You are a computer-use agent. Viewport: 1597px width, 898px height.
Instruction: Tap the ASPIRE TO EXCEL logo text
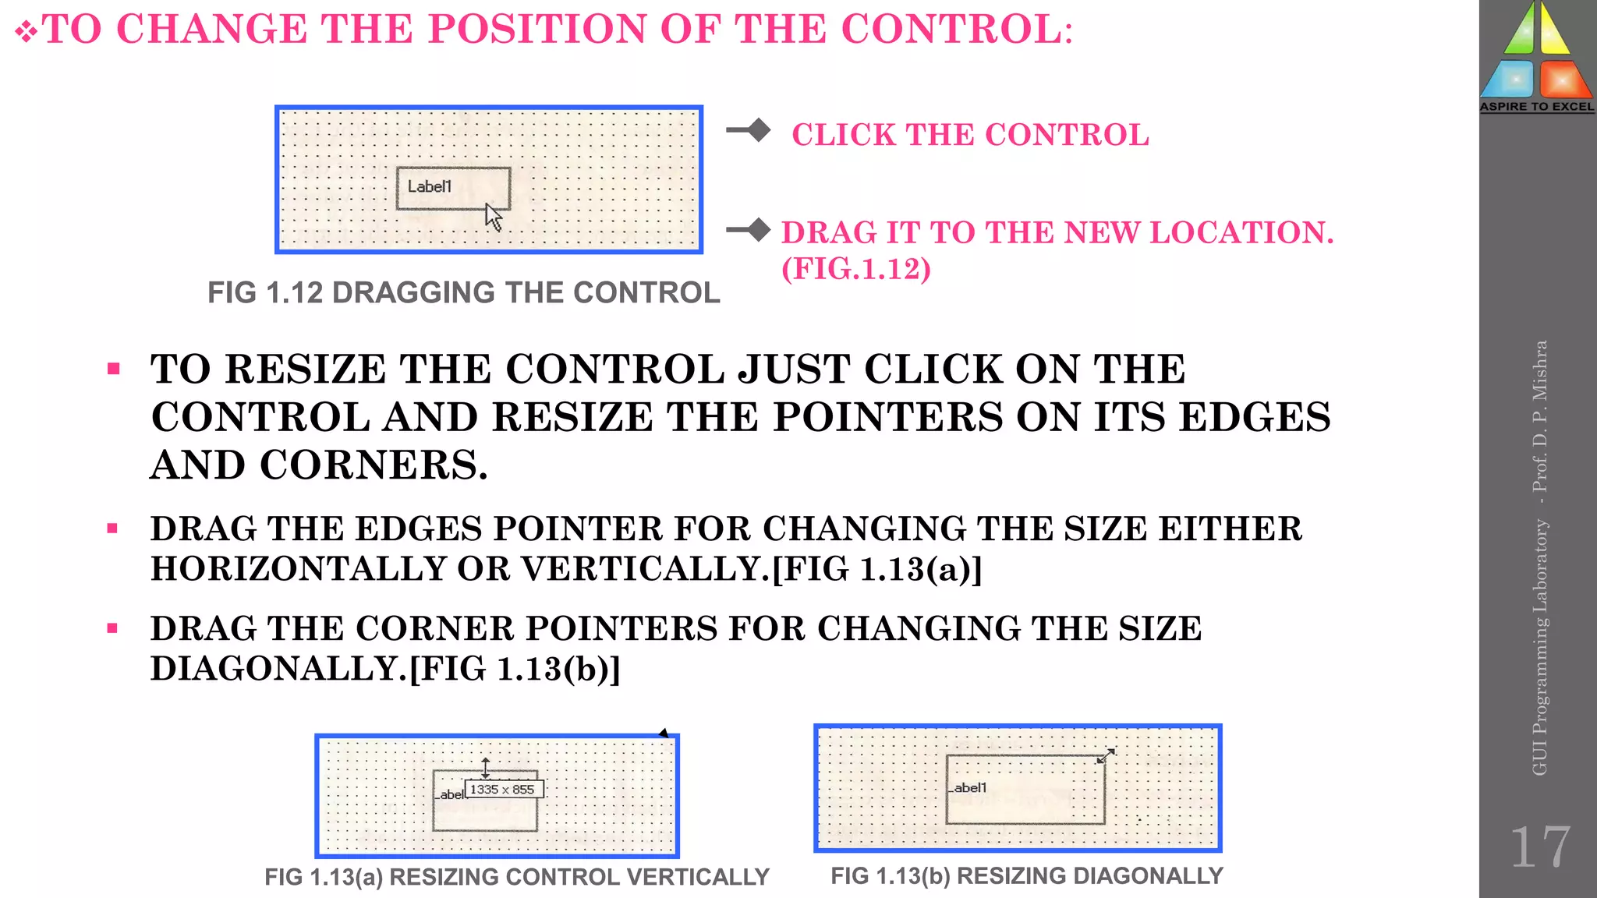1537,107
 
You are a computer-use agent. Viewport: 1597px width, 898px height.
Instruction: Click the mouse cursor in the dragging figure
493,217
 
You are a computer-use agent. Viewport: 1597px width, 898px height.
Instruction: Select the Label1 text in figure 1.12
429,186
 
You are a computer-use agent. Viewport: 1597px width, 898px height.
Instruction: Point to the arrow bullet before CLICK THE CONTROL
748,130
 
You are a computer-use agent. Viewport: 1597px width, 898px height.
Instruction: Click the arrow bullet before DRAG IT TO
748,230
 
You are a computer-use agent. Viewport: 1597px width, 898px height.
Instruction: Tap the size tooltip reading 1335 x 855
503,789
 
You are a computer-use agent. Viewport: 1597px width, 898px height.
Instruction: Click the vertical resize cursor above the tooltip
486,768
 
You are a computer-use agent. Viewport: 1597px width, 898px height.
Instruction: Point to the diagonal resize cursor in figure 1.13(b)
1106,755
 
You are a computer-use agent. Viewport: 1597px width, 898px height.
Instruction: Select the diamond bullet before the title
26,33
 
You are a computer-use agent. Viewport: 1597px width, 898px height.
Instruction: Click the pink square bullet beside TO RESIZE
114,369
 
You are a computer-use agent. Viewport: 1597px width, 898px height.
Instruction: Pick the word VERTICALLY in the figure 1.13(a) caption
698,877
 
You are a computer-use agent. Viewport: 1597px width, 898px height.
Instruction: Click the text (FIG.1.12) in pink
856,269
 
